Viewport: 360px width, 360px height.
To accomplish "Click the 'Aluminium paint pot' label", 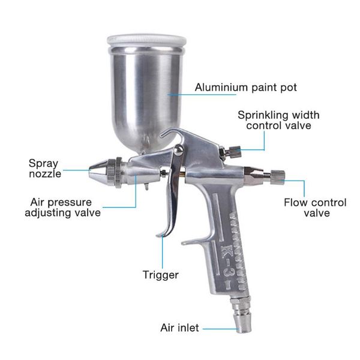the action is tap(245, 88).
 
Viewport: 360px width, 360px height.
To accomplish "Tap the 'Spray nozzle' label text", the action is tap(45, 169).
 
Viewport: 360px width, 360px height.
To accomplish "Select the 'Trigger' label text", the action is tap(160, 275).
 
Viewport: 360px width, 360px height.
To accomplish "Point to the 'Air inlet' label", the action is tap(179, 328).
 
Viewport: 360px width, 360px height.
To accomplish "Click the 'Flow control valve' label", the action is tap(315, 208).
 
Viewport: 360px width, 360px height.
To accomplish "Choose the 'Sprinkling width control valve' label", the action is tap(278, 121).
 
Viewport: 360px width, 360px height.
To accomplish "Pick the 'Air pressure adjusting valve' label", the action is tap(62, 208).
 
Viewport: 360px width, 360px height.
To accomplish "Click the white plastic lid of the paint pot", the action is tap(146, 41).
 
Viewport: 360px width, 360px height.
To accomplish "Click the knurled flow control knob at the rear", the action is tap(278, 178).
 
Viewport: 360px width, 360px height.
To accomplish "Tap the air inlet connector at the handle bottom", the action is tap(242, 314).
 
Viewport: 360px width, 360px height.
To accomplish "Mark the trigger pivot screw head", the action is tap(178, 150).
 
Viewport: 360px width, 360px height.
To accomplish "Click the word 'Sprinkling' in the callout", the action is tap(259, 115).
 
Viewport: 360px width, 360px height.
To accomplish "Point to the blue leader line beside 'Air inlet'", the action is tap(221, 329).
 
